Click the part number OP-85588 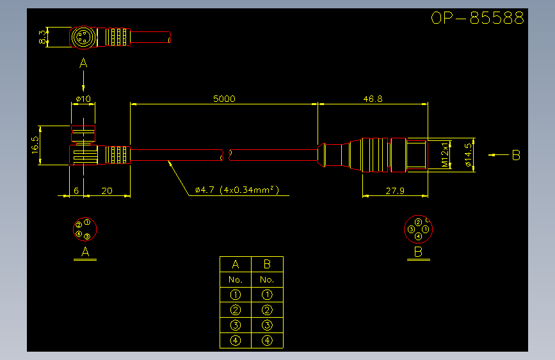click(477, 18)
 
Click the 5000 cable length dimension click(224, 99)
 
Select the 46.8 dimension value click(373, 99)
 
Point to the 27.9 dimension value click(395, 191)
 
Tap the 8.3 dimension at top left click(42, 37)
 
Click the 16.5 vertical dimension click(35, 145)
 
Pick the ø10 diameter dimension click(83, 99)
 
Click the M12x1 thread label click(445, 155)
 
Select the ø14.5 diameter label click(469, 155)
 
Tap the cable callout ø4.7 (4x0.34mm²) click(237, 190)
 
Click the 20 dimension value click(107, 191)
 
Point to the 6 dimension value click(76, 191)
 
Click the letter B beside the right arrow click(516, 155)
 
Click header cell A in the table click(236, 265)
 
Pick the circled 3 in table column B click(267, 325)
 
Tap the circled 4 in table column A click(236, 341)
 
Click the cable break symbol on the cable click(226, 155)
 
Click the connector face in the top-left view click(83, 37)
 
